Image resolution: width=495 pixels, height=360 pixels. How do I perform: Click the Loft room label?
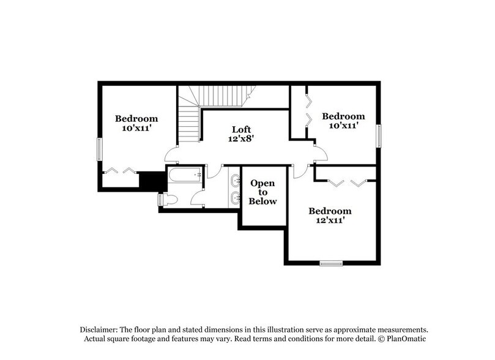241,129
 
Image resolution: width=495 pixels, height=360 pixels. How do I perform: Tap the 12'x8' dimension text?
241,139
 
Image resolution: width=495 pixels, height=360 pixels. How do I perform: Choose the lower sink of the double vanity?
236,197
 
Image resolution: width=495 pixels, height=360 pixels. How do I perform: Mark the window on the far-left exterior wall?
99,149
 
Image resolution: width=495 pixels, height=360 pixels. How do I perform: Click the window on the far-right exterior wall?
379,135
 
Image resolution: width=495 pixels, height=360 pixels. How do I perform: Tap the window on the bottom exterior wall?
331,263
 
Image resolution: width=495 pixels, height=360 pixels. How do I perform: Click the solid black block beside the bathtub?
150,180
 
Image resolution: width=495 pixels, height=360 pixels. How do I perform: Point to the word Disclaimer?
99,329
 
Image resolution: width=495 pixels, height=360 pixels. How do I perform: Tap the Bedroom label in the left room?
136,119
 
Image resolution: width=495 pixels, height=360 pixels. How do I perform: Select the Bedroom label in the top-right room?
344,116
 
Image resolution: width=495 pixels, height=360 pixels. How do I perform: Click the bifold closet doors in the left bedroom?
121,170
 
